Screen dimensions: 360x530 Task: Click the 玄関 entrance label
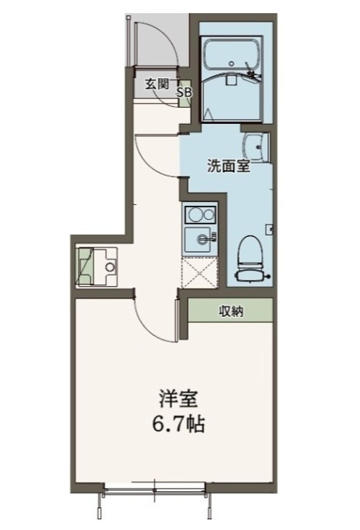click(157, 84)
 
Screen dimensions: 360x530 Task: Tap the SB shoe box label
click(185, 92)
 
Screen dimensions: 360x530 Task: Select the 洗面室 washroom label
click(228, 166)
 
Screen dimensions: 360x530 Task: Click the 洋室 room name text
click(178, 399)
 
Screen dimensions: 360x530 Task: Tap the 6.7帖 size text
click(178, 424)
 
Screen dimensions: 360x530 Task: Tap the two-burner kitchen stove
click(199, 214)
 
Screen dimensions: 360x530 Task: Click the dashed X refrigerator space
click(199, 273)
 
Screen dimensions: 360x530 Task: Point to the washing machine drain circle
click(110, 267)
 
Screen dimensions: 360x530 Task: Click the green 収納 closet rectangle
click(231, 310)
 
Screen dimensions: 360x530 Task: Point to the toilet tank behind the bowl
click(250, 275)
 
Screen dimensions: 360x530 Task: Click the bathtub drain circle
click(231, 63)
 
